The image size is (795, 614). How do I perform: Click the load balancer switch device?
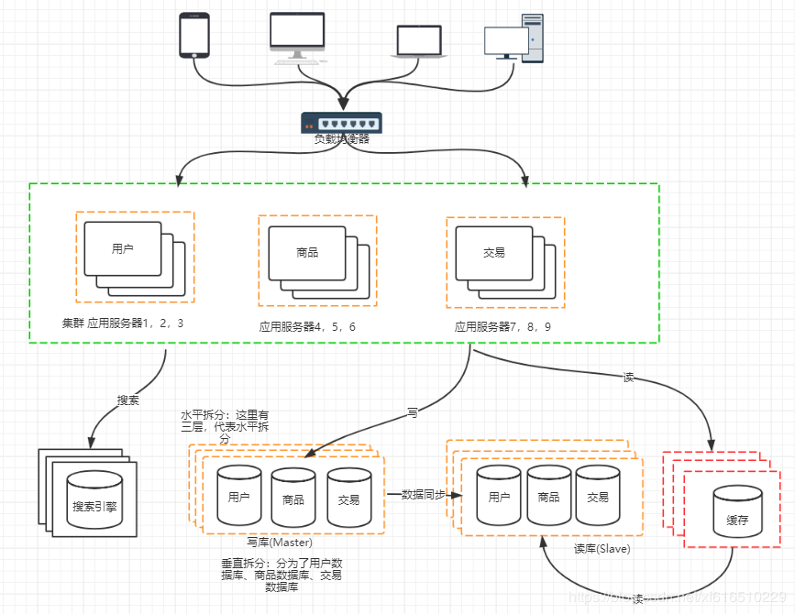pos(341,123)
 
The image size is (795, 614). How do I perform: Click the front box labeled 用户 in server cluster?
pos(122,248)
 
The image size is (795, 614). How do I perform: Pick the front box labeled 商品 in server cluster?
pos(307,253)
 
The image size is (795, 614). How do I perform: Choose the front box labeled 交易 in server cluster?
pos(493,252)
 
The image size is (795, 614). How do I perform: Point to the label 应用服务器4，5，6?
pos(307,326)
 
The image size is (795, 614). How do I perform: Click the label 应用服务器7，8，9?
pos(502,326)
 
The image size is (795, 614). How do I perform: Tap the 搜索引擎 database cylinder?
pos(94,503)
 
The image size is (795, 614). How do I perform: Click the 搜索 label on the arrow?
pos(127,400)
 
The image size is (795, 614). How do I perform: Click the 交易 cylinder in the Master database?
pos(348,498)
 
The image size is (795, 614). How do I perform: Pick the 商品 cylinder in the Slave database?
pos(548,496)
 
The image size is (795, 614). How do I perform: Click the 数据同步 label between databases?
pos(423,495)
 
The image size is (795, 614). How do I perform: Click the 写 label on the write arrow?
pos(413,413)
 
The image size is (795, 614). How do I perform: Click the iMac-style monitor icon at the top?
pos(297,36)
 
